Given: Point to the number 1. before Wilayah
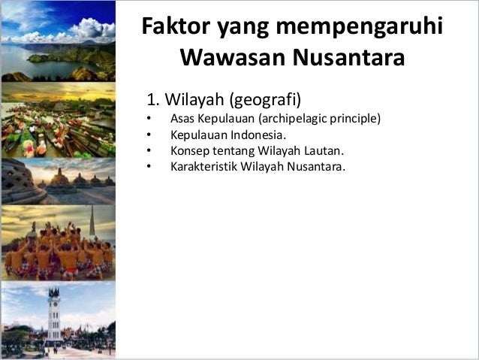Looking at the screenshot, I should (x=153, y=98).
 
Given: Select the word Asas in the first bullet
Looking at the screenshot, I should (x=182, y=119).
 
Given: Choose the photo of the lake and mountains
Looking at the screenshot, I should (x=58, y=41).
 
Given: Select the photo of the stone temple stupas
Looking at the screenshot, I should (x=58, y=180).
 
